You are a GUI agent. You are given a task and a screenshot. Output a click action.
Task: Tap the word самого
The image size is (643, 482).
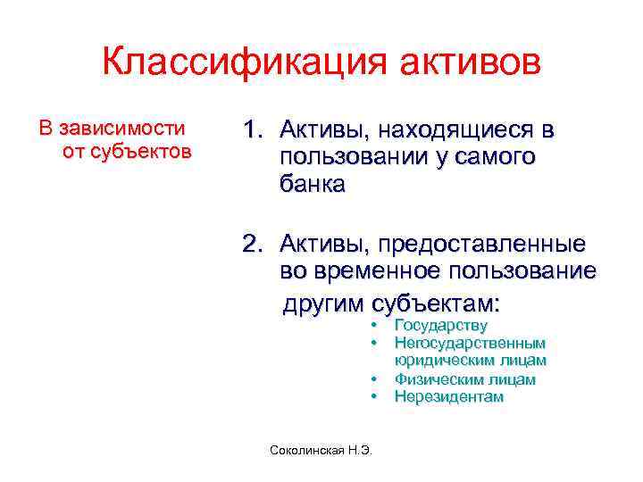point(491,158)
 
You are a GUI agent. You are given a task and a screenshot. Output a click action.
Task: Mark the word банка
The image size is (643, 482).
point(311,185)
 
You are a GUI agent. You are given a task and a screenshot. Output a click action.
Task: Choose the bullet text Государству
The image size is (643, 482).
point(440,327)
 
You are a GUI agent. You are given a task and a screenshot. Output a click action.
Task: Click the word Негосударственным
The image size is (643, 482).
point(470,344)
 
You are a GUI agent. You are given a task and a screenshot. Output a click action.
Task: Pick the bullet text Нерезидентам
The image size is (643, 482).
point(448,396)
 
